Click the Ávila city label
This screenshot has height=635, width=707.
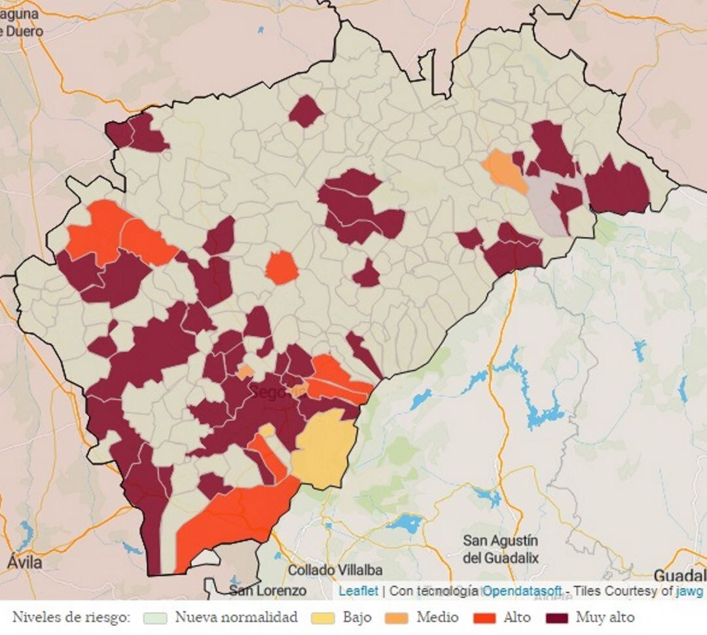click(x=25, y=562)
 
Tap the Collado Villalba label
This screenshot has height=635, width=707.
click(x=335, y=570)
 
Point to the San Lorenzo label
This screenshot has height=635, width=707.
click(x=268, y=590)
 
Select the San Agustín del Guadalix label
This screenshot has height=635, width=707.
click(x=501, y=549)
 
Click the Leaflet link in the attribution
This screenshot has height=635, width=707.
click(x=358, y=590)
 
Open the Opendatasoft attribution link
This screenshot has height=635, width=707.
click(x=522, y=590)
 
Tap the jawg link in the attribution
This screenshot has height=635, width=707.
click(x=689, y=590)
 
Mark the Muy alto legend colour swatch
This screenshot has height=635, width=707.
click(x=557, y=618)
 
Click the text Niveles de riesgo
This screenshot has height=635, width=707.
click(x=71, y=617)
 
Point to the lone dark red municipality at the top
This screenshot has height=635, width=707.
click(x=305, y=111)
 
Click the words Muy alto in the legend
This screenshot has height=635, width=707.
click(x=605, y=617)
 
